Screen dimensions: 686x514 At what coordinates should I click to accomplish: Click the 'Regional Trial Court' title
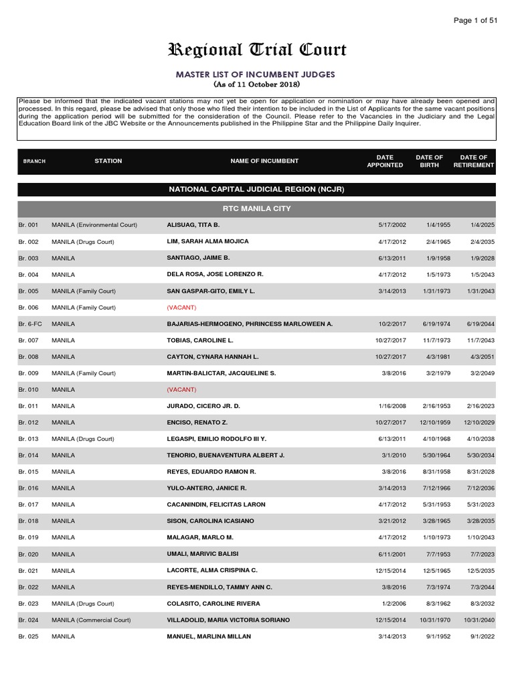coord(257,50)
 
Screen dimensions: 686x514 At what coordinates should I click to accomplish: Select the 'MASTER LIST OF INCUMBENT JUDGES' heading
coord(257,74)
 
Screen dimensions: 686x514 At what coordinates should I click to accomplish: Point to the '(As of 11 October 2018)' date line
coord(257,84)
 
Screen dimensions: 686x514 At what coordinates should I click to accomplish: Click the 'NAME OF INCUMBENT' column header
coord(264,161)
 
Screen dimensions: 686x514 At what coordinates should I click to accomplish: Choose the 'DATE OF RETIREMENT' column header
coord(473,161)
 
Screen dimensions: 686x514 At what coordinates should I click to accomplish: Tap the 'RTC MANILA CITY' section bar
coord(257,208)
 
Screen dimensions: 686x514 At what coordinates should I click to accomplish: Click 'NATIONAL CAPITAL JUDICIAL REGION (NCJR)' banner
coord(257,190)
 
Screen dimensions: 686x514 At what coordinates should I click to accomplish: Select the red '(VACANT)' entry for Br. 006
coord(181,307)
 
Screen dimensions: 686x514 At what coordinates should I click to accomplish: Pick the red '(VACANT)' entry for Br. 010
coord(181,389)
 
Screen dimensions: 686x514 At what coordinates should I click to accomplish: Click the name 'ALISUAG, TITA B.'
coord(193,224)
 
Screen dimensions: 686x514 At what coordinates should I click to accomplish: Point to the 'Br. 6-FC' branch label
coord(30,324)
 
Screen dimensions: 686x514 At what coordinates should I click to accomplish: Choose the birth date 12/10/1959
coord(430,423)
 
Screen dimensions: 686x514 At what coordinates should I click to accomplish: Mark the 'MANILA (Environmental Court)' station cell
coord(94,224)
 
